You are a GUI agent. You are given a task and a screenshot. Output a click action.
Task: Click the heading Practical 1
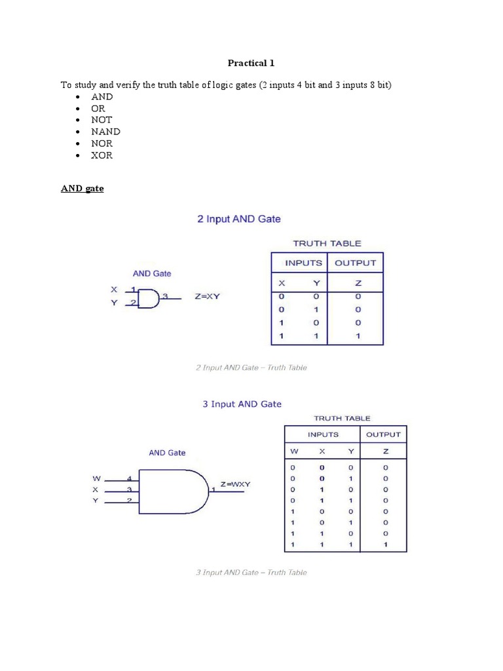point(251,63)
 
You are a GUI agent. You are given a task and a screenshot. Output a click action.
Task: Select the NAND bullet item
point(105,132)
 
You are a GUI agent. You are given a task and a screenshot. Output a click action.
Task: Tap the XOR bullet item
point(102,155)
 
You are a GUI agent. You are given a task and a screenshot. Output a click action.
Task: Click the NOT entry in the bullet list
point(102,120)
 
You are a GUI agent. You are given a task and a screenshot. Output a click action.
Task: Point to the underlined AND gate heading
point(82,189)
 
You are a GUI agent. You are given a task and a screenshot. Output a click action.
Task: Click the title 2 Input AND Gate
point(239,219)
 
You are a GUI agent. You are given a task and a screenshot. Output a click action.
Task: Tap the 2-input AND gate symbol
point(149,298)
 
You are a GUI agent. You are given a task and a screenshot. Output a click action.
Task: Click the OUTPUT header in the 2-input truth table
point(355,263)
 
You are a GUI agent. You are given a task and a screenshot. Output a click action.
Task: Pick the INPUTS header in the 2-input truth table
point(303,263)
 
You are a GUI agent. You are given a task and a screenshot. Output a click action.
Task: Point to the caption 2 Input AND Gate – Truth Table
point(251,368)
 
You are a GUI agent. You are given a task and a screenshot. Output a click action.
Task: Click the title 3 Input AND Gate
point(242,404)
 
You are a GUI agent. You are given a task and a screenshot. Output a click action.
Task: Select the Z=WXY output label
point(235,484)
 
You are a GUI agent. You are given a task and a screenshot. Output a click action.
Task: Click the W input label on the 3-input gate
point(96,479)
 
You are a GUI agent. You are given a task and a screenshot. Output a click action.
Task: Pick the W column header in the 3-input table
point(293,451)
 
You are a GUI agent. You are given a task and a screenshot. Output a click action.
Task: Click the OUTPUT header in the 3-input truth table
point(383,434)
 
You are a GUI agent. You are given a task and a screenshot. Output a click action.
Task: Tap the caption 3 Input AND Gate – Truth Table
point(251,572)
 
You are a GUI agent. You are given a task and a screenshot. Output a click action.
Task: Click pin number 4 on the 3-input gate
point(130,479)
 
